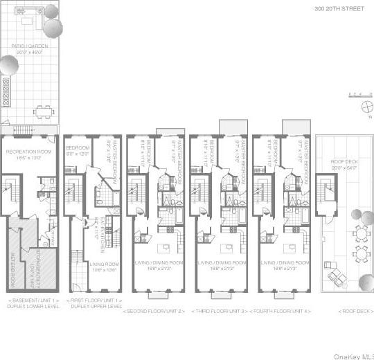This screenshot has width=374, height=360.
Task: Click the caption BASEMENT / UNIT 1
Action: (30, 300)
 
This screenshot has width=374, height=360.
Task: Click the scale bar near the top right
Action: (355, 93)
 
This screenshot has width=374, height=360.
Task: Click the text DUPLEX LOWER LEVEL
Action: (30, 306)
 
